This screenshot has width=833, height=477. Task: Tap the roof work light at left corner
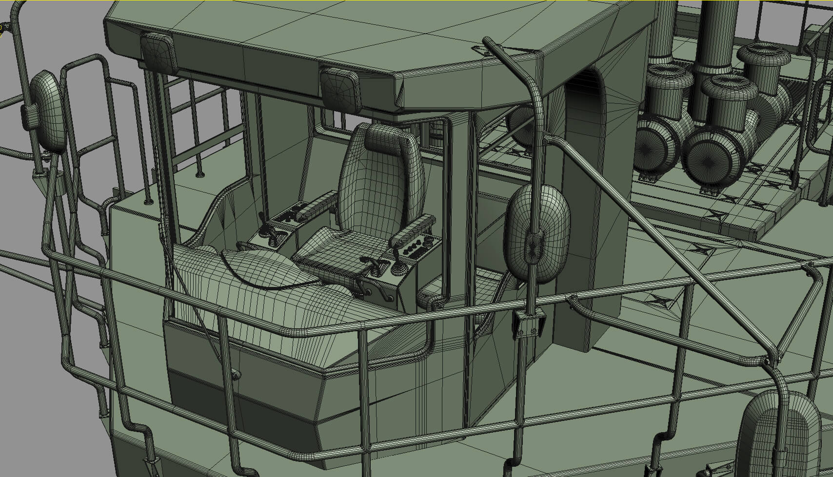(158, 51)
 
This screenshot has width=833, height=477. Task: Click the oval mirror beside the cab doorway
(536, 234)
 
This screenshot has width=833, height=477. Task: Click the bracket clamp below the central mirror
(528, 324)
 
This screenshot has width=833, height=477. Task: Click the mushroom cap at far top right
(763, 56)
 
